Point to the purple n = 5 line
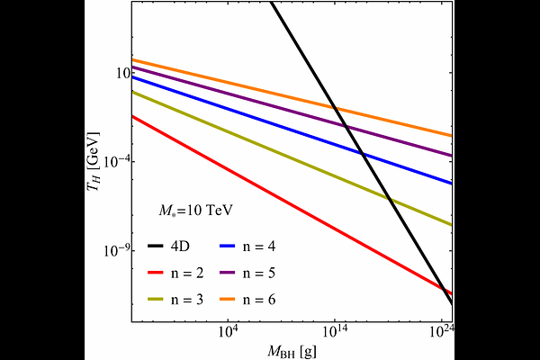[x=225, y=90]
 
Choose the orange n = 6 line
[x=225, y=81]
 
